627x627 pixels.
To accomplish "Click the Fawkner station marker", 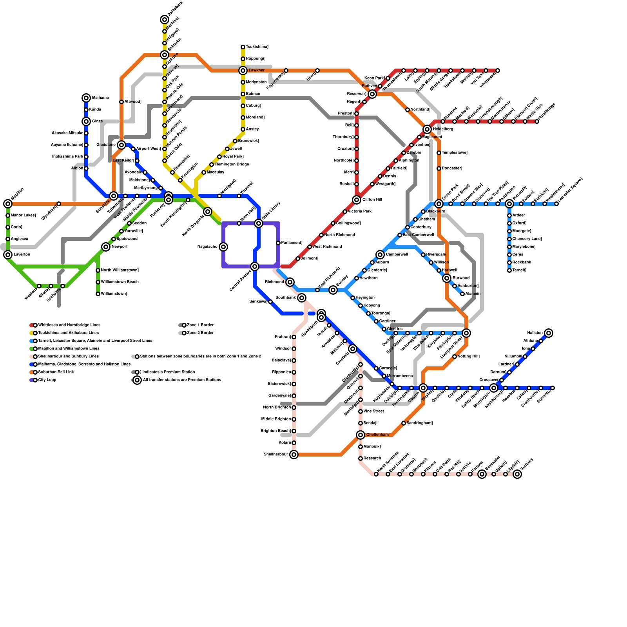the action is pyautogui.click(x=243, y=71).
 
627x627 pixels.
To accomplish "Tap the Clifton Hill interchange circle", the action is pyautogui.click(x=357, y=200).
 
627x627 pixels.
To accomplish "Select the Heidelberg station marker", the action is pyautogui.click(x=427, y=129).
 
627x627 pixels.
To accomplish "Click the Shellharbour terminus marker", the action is pyautogui.click(x=294, y=455).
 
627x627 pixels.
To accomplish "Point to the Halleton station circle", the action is pyautogui.click(x=549, y=333).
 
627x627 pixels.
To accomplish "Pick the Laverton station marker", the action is pyautogui.click(x=8, y=255).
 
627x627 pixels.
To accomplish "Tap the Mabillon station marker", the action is pyautogui.click(x=8, y=204).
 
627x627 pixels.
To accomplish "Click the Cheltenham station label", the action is pyautogui.click(x=377, y=435).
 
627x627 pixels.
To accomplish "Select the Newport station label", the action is pyautogui.click(x=119, y=247).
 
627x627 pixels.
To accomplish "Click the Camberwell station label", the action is pyautogui.click(x=397, y=255).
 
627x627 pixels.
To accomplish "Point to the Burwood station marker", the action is pyautogui.click(x=447, y=278).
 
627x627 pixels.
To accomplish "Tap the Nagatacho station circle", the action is pyautogui.click(x=223, y=247).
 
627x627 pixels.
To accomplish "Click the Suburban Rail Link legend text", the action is pyautogui.click(x=56, y=372).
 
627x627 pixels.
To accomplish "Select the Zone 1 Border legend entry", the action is pyautogui.click(x=200, y=325).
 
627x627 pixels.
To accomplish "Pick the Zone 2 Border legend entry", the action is pyautogui.click(x=200, y=333).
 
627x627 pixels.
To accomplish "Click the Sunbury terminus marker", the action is pyautogui.click(x=517, y=474).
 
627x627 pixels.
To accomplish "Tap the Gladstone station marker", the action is pyautogui.click(x=121, y=145).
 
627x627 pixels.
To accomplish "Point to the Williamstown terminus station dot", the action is pyautogui.click(x=98, y=294).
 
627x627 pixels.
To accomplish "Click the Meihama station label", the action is pyautogui.click(x=100, y=98).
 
